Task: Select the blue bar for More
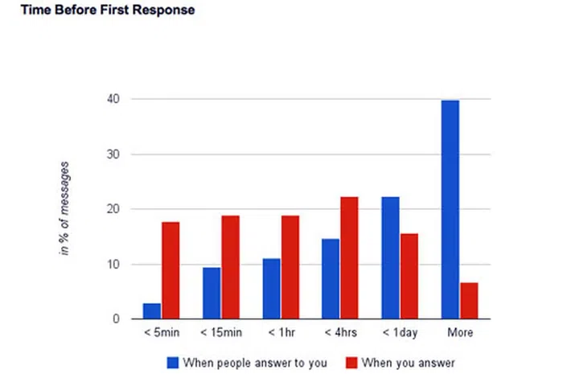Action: point(450,209)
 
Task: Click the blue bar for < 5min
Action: point(152,310)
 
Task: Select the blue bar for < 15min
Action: point(211,293)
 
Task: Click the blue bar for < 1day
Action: point(390,258)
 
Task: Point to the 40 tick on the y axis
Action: point(118,99)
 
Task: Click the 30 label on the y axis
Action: point(118,154)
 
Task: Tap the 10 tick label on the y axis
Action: point(118,265)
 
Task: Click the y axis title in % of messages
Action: point(64,208)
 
